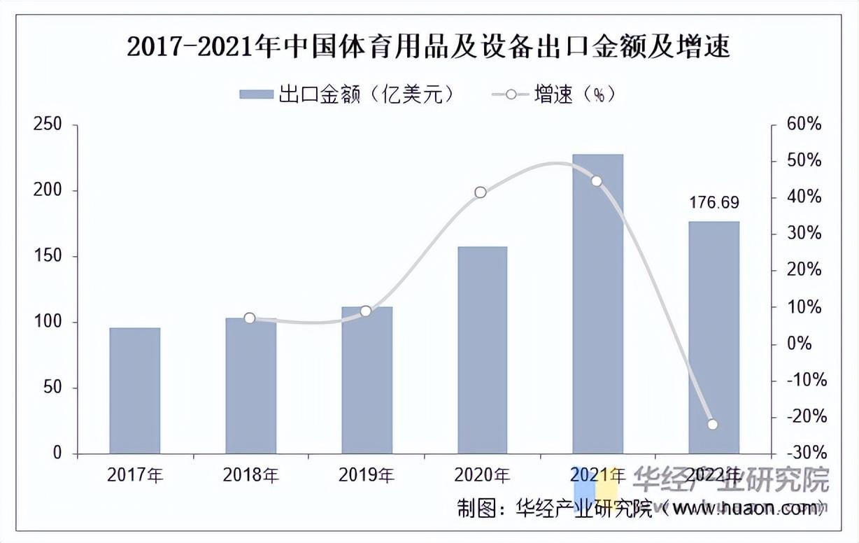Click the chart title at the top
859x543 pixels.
pyautogui.click(x=428, y=47)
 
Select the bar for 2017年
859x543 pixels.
pyautogui.click(x=135, y=390)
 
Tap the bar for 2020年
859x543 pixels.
pyautogui.click(x=482, y=350)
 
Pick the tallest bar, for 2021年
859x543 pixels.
pyautogui.click(x=597, y=304)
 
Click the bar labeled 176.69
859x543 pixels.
pyautogui.click(x=714, y=337)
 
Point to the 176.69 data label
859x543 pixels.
pyautogui.click(x=714, y=203)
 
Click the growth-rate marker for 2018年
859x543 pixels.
pyautogui.click(x=250, y=318)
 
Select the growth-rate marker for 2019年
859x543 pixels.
pyautogui.click(x=365, y=311)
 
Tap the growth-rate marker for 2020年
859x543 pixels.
pyautogui.click(x=481, y=192)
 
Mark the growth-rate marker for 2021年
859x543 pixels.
pyautogui.click(x=597, y=181)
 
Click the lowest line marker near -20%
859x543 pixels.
pyautogui.click(x=713, y=424)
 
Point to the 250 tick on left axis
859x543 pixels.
pyautogui.click(x=48, y=125)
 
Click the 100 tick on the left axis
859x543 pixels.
pyautogui.click(x=48, y=323)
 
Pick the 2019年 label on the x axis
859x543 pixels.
pyautogui.click(x=366, y=476)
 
